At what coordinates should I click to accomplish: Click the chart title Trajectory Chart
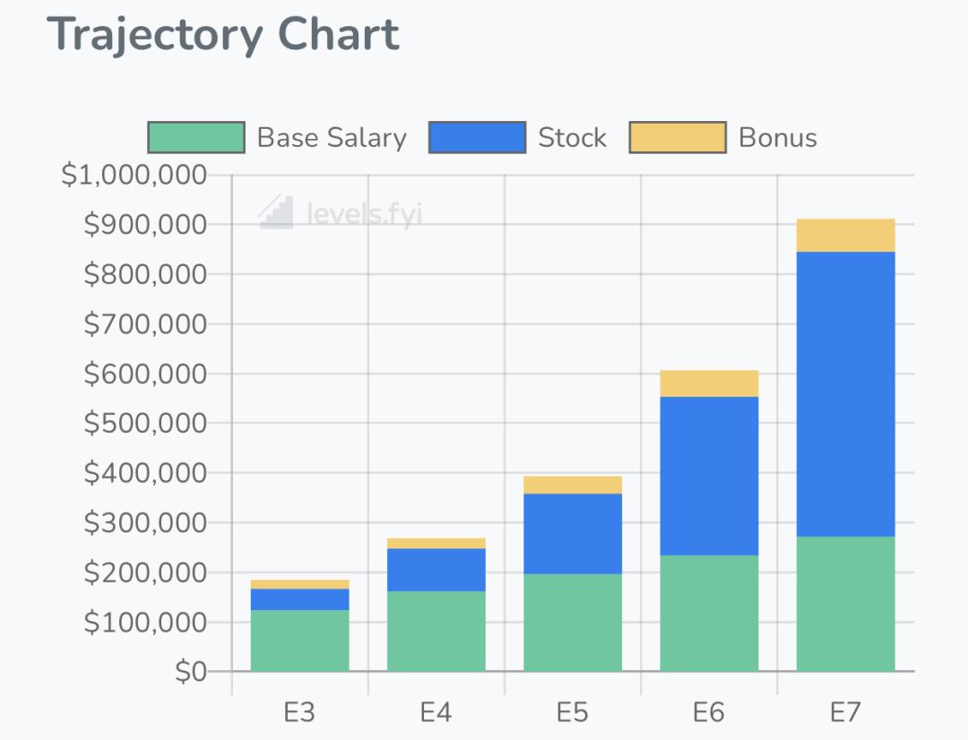coord(224,36)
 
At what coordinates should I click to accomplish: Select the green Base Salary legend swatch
coord(196,137)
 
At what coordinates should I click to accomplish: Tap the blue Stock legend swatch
coord(477,137)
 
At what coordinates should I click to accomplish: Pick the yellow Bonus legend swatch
coord(678,137)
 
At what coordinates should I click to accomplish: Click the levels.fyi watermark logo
coord(276,212)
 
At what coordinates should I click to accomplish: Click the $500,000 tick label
coord(145,423)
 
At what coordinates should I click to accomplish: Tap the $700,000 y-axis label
coord(145,323)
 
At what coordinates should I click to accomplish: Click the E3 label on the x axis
coord(299,713)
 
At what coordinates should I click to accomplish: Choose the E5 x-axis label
coord(572,713)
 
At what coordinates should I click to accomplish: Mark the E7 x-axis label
coord(845,713)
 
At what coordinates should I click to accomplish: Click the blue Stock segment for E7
coord(845,394)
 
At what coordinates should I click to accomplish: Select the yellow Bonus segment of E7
coord(845,236)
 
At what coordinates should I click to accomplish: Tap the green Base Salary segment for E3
coord(299,641)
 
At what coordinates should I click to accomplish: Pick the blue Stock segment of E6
coord(709,476)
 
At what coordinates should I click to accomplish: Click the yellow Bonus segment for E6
coord(709,383)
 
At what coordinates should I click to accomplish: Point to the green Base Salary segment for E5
coord(572,623)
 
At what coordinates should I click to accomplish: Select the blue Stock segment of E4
coord(436,570)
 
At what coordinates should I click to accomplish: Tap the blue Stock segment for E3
coord(299,599)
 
